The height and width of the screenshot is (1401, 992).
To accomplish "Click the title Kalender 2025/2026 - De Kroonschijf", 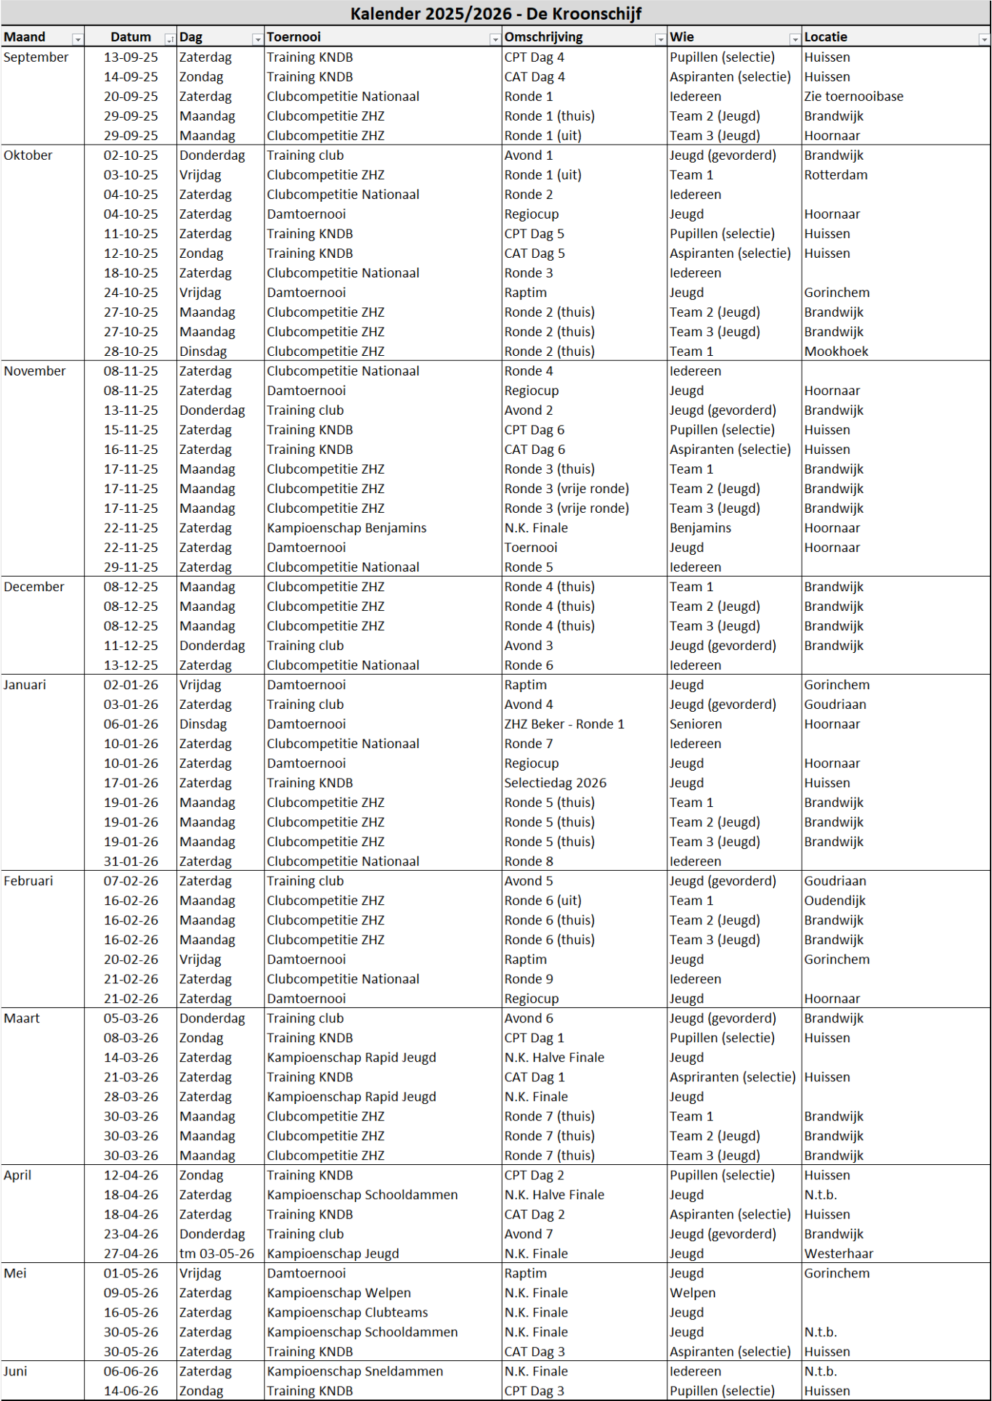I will (x=496, y=13).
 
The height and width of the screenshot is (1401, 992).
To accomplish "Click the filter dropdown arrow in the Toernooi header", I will (x=495, y=39).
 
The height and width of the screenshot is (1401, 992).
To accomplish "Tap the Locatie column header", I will (x=826, y=37).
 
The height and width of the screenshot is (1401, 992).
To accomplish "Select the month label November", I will (x=35, y=371).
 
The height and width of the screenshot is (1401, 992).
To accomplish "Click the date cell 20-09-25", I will (x=131, y=97).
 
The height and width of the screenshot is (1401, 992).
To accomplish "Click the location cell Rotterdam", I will (x=835, y=175).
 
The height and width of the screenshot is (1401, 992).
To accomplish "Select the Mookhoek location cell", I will (x=836, y=352).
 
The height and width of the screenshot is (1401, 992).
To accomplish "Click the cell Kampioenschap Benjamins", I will (x=346, y=528).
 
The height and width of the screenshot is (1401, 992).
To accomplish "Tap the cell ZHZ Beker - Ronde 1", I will (x=564, y=724).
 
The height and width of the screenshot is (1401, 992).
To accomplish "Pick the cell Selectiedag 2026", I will (x=555, y=783).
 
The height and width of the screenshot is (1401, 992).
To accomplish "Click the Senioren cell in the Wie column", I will (x=696, y=724).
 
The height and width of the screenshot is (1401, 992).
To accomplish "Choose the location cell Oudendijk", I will (x=834, y=901).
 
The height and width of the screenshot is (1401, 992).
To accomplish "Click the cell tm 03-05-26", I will (x=217, y=1254).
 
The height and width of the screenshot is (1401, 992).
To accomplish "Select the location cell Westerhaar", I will (x=839, y=1254).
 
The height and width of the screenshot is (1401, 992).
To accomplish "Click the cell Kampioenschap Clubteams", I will (x=347, y=1312).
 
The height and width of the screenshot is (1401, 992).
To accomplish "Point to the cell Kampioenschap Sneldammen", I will (x=354, y=1371).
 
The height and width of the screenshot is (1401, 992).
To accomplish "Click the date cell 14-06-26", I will (x=131, y=1391).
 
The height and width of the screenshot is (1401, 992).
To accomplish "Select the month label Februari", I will (x=28, y=881).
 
